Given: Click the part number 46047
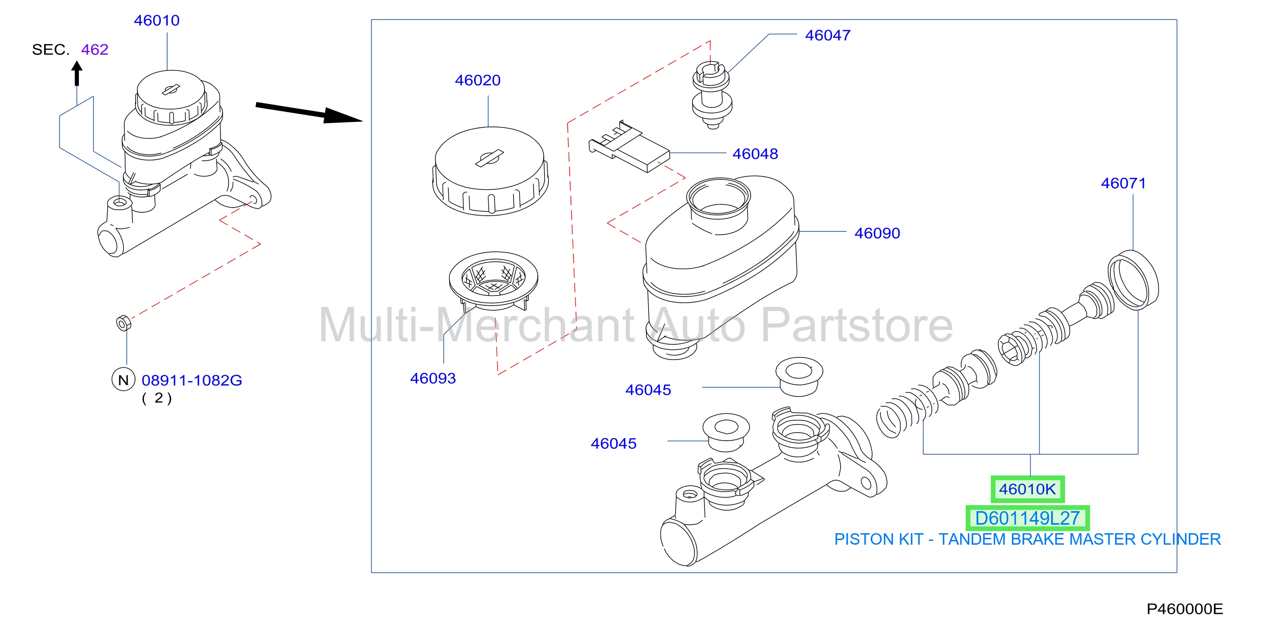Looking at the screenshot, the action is (x=827, y=36).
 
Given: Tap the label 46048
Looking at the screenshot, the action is (x=755, y=154).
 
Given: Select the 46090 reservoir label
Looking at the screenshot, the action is (x=877, y=233).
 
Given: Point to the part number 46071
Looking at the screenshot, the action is (x=1124, y=183).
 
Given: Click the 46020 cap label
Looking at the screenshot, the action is (x=478, y=80).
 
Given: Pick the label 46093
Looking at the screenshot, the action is (x=433, y=379).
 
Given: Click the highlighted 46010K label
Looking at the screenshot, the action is (x=1028, y=489).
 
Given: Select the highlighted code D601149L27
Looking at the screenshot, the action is (x=1028, y=518).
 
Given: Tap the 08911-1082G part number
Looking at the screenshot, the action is (x=192, y=380).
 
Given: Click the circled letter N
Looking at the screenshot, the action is (x=123, y=380).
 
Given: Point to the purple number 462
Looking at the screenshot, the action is (x=95, y=49).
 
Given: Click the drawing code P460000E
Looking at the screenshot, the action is (x=1185, y=609).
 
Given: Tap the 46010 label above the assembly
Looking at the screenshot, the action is (x=157, y=21).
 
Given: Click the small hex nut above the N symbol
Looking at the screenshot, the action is (x=123, y=323).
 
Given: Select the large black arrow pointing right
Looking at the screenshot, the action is (x=309, y=112).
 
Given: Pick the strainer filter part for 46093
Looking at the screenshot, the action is (x=493, y=281).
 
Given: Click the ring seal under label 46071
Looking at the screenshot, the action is (x=1133, y=280).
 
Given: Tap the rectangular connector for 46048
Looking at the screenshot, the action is (x=629, y=147).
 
